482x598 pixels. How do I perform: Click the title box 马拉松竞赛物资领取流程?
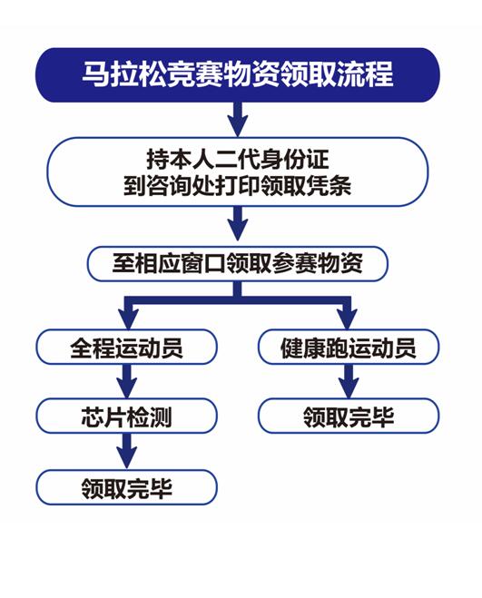point(238,74)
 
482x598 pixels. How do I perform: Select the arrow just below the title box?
point(238,120)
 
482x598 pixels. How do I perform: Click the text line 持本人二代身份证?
point(238,160)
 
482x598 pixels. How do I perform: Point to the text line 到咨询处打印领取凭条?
point(238,186)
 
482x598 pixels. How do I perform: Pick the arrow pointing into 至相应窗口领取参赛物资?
point(238,223)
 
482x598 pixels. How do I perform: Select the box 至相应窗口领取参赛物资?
point(238,264)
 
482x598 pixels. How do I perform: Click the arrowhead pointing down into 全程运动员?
point(128,319)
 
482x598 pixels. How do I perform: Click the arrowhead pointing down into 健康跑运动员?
point(348,319)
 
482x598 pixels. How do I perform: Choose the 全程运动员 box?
point(127,347)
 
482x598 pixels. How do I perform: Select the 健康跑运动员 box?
point(349,347)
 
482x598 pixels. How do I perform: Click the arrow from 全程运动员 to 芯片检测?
point(127,381)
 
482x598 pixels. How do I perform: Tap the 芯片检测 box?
point(127,417)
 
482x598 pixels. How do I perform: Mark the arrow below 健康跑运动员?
point(349,381)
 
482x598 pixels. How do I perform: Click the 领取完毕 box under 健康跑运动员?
point(349,417)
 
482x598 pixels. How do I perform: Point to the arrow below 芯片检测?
point(127,451)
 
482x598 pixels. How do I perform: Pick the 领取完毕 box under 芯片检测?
point(127,487)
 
